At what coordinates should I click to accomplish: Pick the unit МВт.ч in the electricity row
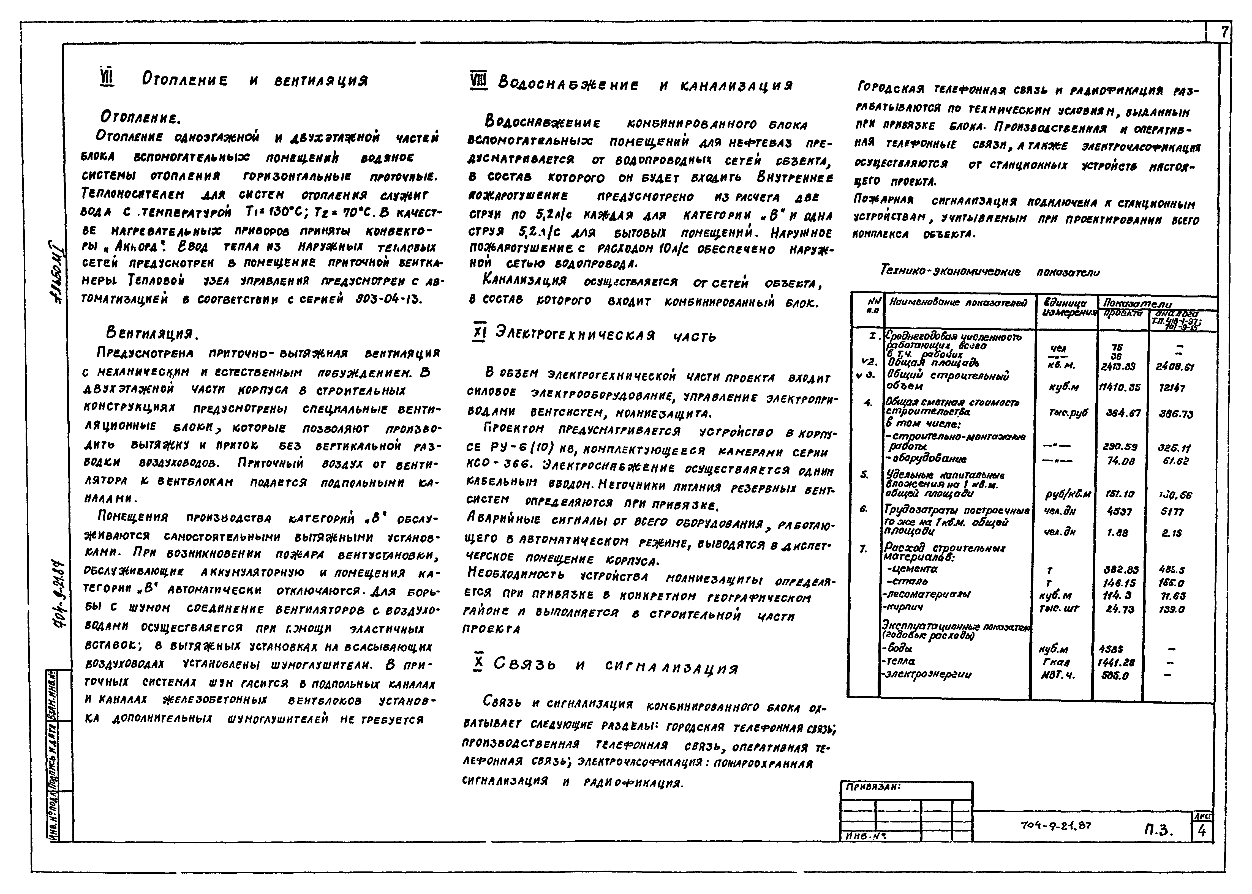click(x=1058, y=675)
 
